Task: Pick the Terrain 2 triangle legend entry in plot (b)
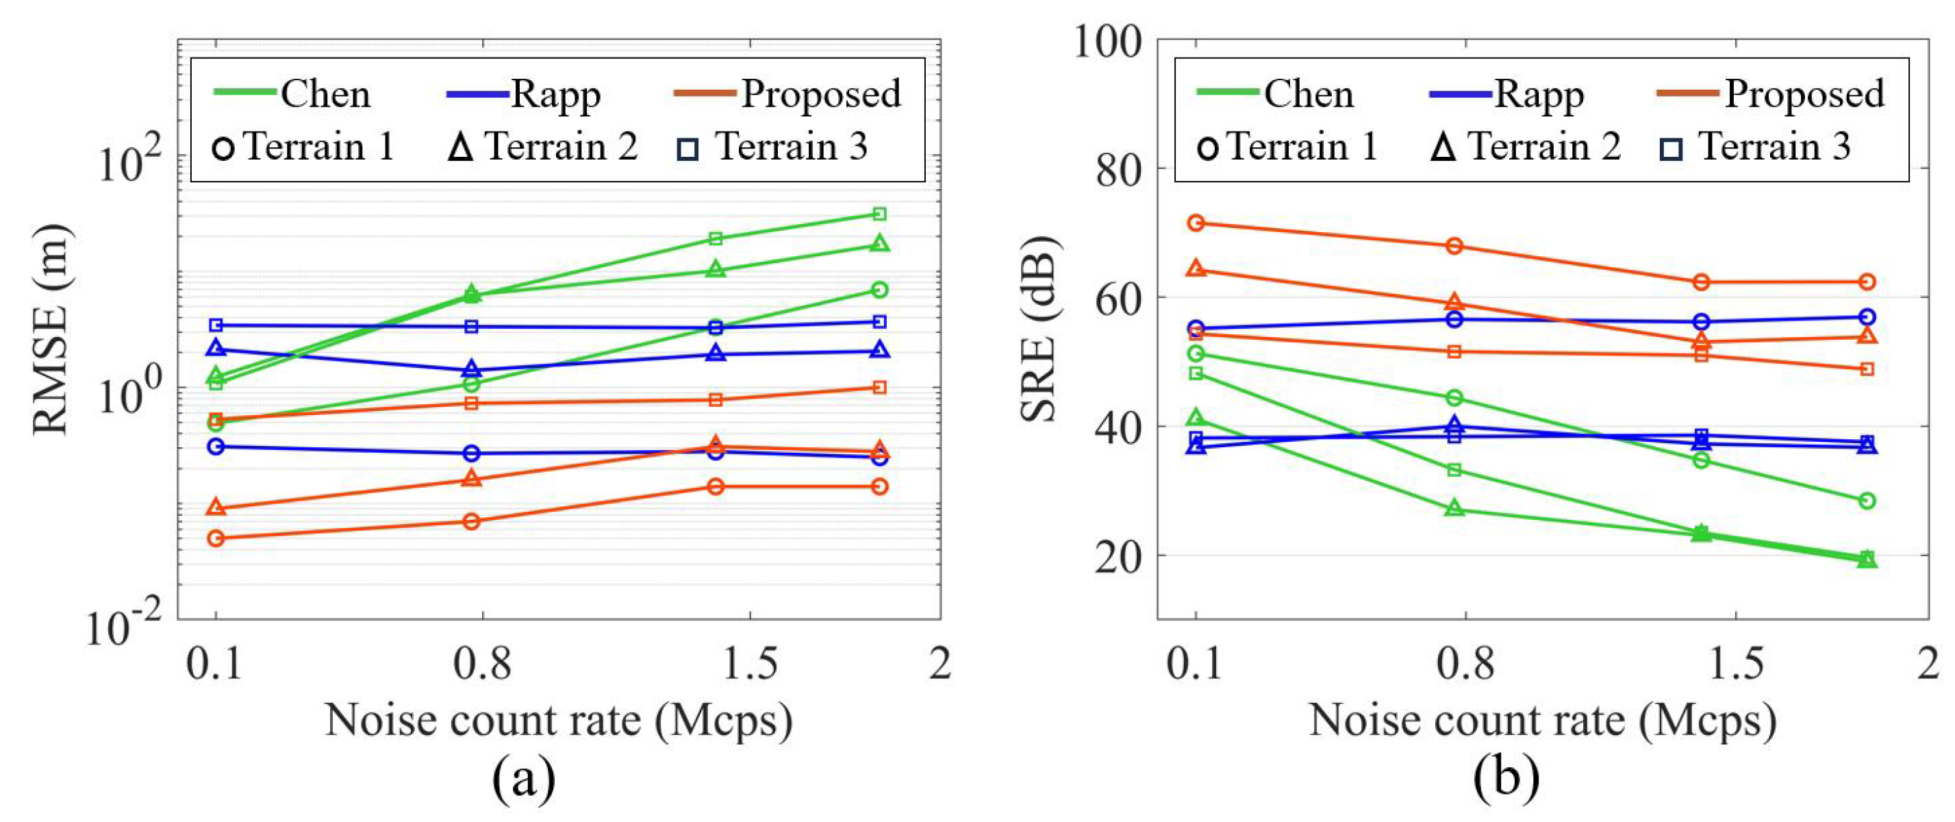[1526, 147]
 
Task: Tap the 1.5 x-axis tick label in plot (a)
[750, 663]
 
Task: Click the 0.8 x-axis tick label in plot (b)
[1465, 663]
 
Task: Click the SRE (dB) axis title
[1038, 329]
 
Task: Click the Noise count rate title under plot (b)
[1543, 719]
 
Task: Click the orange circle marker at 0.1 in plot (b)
[1196, 223]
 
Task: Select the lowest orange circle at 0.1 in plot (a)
[216, 538]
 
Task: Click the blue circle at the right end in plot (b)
[1868, 316]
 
